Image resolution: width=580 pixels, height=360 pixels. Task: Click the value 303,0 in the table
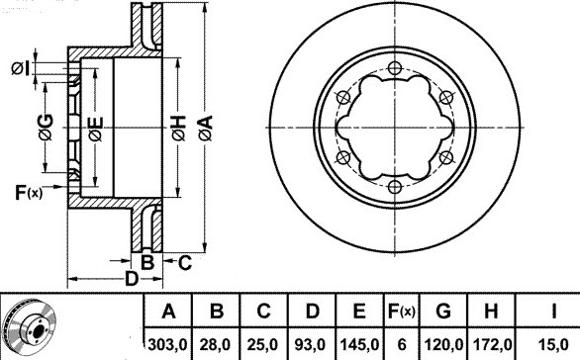(167, 345)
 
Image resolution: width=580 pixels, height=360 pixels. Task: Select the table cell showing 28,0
(215, 345)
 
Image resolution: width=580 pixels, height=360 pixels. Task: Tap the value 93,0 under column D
(310, 345)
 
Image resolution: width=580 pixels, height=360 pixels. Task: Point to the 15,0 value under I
(553, 345)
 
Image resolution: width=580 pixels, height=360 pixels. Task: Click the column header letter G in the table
(443, 311)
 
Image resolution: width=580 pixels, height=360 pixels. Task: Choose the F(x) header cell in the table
(401, 311)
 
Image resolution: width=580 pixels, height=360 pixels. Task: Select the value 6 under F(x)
(401, 345)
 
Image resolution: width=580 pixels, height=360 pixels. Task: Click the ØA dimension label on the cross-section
(206, 128)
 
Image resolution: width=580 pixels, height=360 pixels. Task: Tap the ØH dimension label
(179, 128)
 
